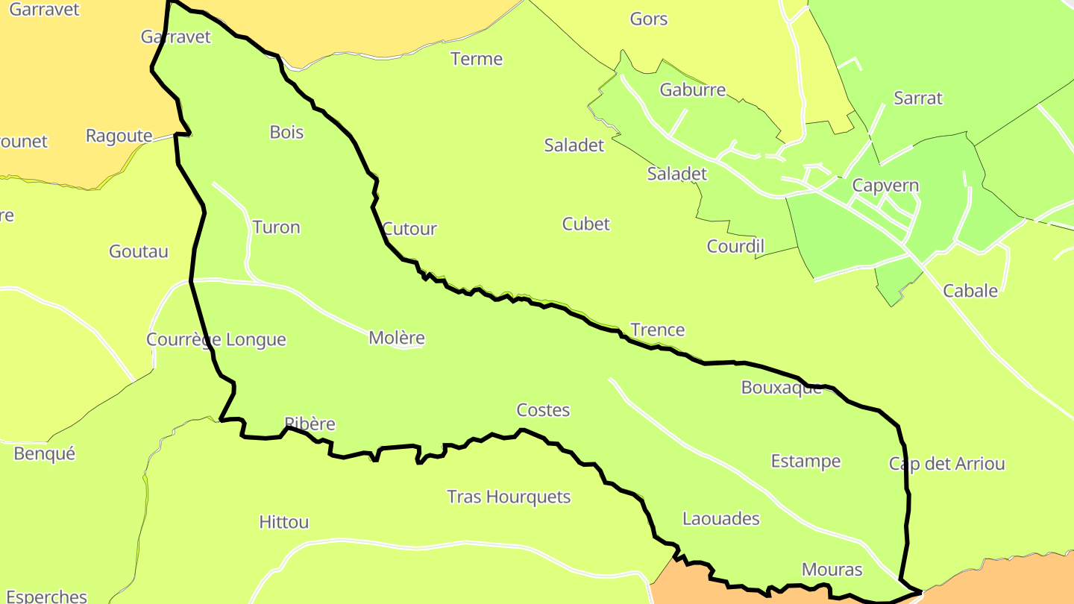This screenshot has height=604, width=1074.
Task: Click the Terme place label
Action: pos(477,59)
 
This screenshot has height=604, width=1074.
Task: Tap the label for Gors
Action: pos(648,19)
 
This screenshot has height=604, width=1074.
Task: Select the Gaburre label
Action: pos(692,90)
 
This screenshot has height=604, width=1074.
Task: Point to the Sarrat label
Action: pos(917,98)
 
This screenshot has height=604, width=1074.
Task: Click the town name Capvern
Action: pos(885,186)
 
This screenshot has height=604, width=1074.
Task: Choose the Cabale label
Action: pos(970,291)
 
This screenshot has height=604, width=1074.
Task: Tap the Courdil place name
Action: pos(735,246)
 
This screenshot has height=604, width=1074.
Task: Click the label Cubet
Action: pos(585,224)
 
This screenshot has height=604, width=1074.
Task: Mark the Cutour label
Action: pos(409,229)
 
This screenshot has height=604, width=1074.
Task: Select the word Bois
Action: pos(286,132)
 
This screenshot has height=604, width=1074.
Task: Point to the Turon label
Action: pos(276,227)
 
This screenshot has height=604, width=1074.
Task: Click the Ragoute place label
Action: pos(119,136)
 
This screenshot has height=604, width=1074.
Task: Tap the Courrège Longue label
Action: pos(216,339)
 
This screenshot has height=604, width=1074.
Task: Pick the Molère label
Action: pos(397,338)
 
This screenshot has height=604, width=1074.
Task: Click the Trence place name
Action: pos(657,330)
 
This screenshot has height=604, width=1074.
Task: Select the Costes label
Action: pos(543,410)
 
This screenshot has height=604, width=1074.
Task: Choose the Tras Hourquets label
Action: pos(509,497)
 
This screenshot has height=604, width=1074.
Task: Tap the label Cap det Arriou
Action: pos(946,464)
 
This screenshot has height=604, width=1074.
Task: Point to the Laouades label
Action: pos(720,518)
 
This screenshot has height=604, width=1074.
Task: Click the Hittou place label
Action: pos(283,522)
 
